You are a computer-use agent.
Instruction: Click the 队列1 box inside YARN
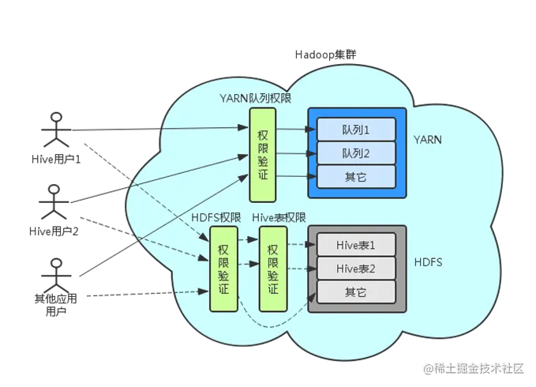pos(356,130)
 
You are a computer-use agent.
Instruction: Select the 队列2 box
pos(356,153)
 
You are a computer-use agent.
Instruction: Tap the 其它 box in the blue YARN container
pos(356,177)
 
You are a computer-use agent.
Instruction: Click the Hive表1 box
pos(356,245)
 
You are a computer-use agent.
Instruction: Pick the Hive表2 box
pos(356,269)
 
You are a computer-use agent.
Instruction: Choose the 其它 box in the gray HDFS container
pos(356,292)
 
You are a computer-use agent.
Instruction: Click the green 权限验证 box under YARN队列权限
pos(263,155)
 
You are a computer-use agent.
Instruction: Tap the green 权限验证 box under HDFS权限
pos(223,269)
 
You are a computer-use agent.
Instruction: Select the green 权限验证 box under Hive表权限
pos(273,269)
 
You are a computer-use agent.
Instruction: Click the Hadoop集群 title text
pos(326,54)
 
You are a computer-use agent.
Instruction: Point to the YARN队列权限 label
pos(255,99)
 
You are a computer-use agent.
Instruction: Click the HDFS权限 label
pos(216,218)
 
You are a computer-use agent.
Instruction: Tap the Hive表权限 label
pos(279,218)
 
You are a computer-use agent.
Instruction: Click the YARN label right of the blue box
pos(428,140)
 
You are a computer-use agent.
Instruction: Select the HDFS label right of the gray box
pos(429,262)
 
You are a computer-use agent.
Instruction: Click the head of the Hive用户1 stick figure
pos(56,117)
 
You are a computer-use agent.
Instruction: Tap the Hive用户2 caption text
pos(54,231)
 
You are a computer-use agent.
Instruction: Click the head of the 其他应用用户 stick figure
pos(56,264)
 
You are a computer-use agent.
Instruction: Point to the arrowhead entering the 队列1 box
pos(311,130)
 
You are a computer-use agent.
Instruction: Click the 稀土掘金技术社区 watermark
pos(474,369)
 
